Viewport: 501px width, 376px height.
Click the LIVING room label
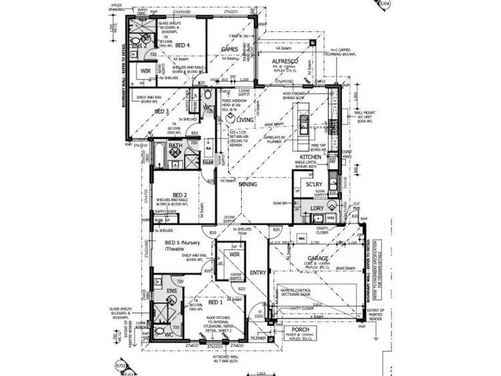[244, 119]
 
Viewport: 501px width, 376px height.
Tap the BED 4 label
[182, 45]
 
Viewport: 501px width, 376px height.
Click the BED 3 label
[161, 111]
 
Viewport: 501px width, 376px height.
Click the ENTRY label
[257, 272]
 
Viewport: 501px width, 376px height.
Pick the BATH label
[175, 145]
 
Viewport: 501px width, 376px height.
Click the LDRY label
[316, 209]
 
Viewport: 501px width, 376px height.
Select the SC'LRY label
[314, 184]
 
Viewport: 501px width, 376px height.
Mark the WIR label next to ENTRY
[234, 255]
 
